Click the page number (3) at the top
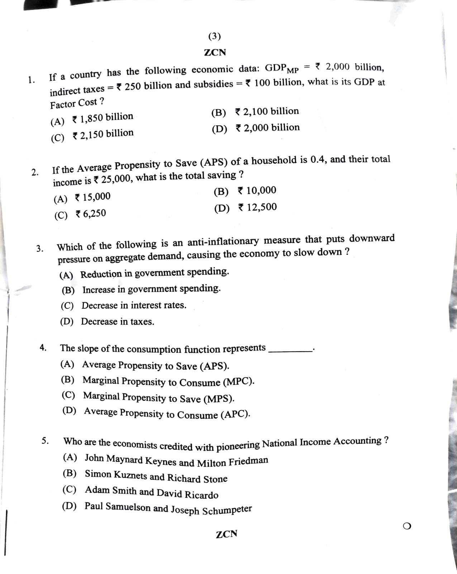tap(214, 36)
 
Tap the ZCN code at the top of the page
tap(215, 52)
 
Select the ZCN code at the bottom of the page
tap(227, 534)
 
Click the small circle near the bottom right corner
tap(407, 526)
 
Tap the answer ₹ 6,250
tap(90, 214)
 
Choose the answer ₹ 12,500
tap(257, 207)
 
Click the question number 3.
tap(40, 249)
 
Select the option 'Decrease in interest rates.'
tap(134, 305)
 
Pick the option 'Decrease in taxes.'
tap(117, 322)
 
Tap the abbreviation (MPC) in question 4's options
tap(238, 382)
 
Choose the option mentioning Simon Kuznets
tap(156, 476)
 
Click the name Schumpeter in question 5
tap(227, 510)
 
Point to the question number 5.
tap(45, 441)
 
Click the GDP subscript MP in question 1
tap(292, 70)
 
